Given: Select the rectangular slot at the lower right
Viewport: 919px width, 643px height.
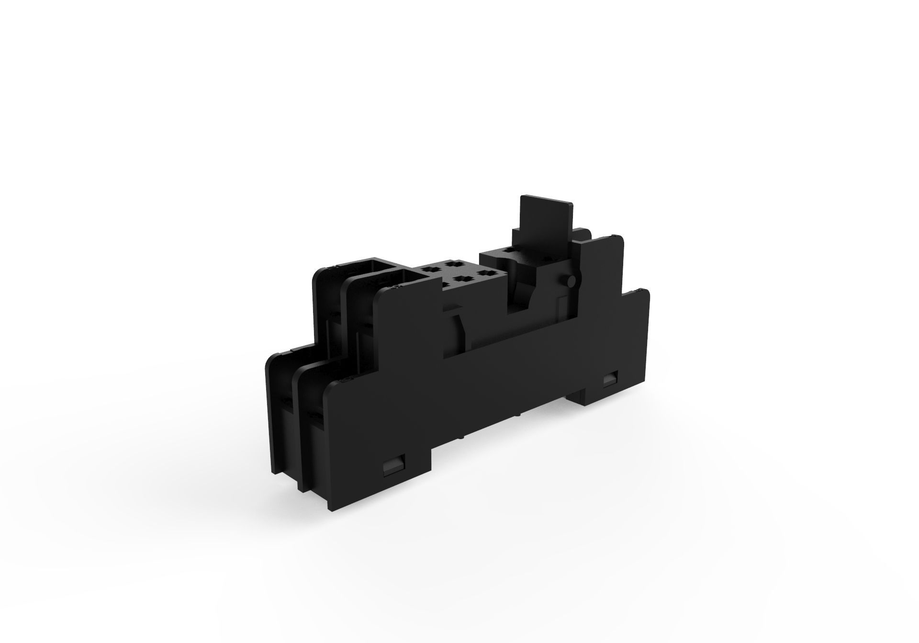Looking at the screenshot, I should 610,379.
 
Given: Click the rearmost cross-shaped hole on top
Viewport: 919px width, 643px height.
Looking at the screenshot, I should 450,263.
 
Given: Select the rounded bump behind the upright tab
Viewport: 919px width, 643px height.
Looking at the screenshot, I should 583,234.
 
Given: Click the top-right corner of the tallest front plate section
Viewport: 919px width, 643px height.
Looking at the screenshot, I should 622,239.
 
